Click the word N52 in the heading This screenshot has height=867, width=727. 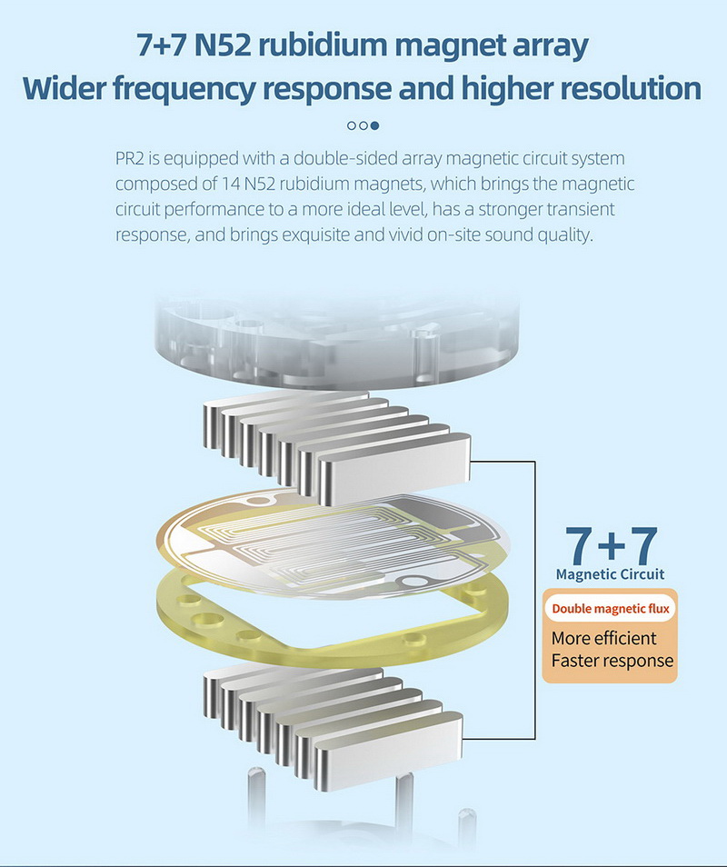pyautogui.click(x=224, y=45)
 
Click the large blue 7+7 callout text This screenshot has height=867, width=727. pyautogui.click(x=610, y=543)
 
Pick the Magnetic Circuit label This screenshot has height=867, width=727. pyautogui.click(x=610, y=574)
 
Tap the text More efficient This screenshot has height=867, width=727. pyautogui.click(x=603, y=637)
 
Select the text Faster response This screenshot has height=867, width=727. pyautogui.click(x=612, y=661)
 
